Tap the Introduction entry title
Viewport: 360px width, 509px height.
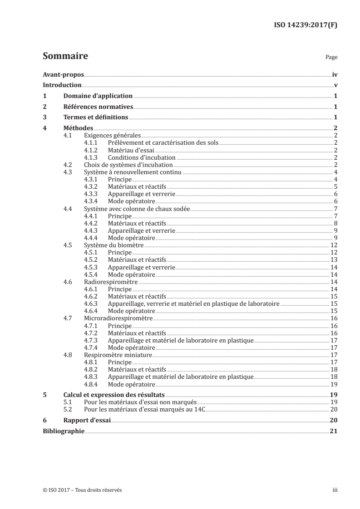coord(62,85)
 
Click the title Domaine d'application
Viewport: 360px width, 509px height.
coord(98,96)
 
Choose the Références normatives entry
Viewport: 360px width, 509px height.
coord(98,107)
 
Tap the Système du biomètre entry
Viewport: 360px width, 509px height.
coord(114,245)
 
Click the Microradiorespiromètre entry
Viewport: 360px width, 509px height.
coord(118,318)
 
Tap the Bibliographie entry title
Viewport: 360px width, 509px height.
coord(64,431)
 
